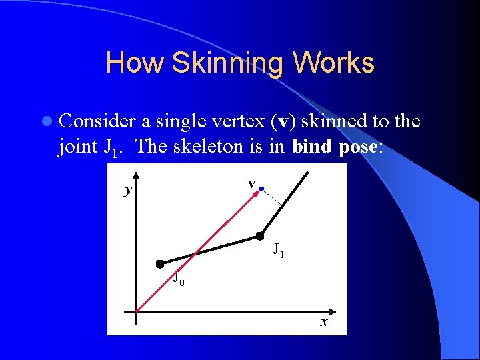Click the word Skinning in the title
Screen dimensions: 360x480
[229, 63]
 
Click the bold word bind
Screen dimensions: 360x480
[312, 147]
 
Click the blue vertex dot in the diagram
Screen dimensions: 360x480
[262, 189]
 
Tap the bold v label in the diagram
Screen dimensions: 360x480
[251, 183]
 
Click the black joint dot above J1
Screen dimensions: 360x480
[261, 235]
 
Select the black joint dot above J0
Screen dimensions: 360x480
[160, 264]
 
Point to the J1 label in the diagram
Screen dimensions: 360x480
[279, 251]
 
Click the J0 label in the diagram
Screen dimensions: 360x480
[179, 279]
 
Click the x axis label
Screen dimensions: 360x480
[323, 323]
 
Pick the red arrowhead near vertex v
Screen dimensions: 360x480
[257, 193]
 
